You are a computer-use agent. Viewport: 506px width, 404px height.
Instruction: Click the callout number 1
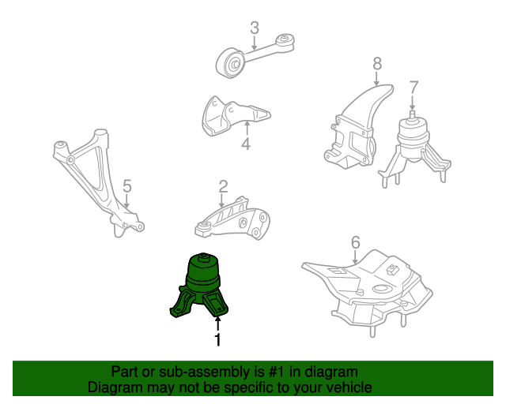coord(217,340)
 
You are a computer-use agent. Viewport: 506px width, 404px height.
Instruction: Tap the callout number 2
coord(223,187)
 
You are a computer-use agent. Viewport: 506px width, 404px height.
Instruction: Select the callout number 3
coord(255,29)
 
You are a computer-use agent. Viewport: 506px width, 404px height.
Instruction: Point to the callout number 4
coord(246,144)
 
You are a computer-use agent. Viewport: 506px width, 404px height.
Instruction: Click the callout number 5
coord(126,187)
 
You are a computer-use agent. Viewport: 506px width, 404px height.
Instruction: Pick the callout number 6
coord(355,242)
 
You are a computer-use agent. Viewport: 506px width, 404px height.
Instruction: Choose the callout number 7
coord(413,87)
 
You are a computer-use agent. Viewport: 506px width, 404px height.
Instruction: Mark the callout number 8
coord(377,62)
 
